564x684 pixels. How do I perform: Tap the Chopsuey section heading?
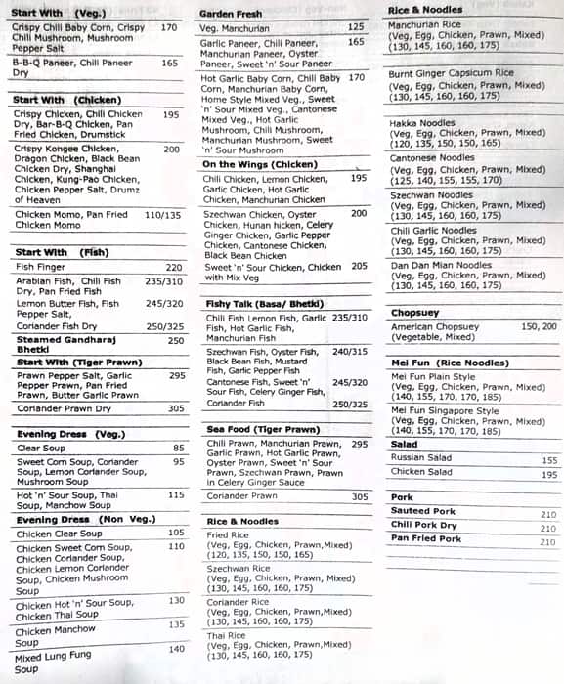tap(415, 312)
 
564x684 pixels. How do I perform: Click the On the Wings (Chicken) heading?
tap(259, 164)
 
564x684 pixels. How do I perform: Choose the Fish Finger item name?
tap(39, 267)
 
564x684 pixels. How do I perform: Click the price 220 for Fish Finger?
tap(174, 267)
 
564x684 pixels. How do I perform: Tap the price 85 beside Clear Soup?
tap(179, 449)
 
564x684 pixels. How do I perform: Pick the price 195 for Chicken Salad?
tap(549, 474)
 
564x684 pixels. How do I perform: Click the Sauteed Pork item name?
tap(423, 511)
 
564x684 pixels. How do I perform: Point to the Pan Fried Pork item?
tap(426, 539)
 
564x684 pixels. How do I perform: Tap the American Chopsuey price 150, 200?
tap(539, 327)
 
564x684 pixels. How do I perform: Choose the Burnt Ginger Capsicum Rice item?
tap(451, 74)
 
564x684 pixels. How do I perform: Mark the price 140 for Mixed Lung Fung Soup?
tap(177, 649)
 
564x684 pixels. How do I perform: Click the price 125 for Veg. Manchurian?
tap(356, 27)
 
